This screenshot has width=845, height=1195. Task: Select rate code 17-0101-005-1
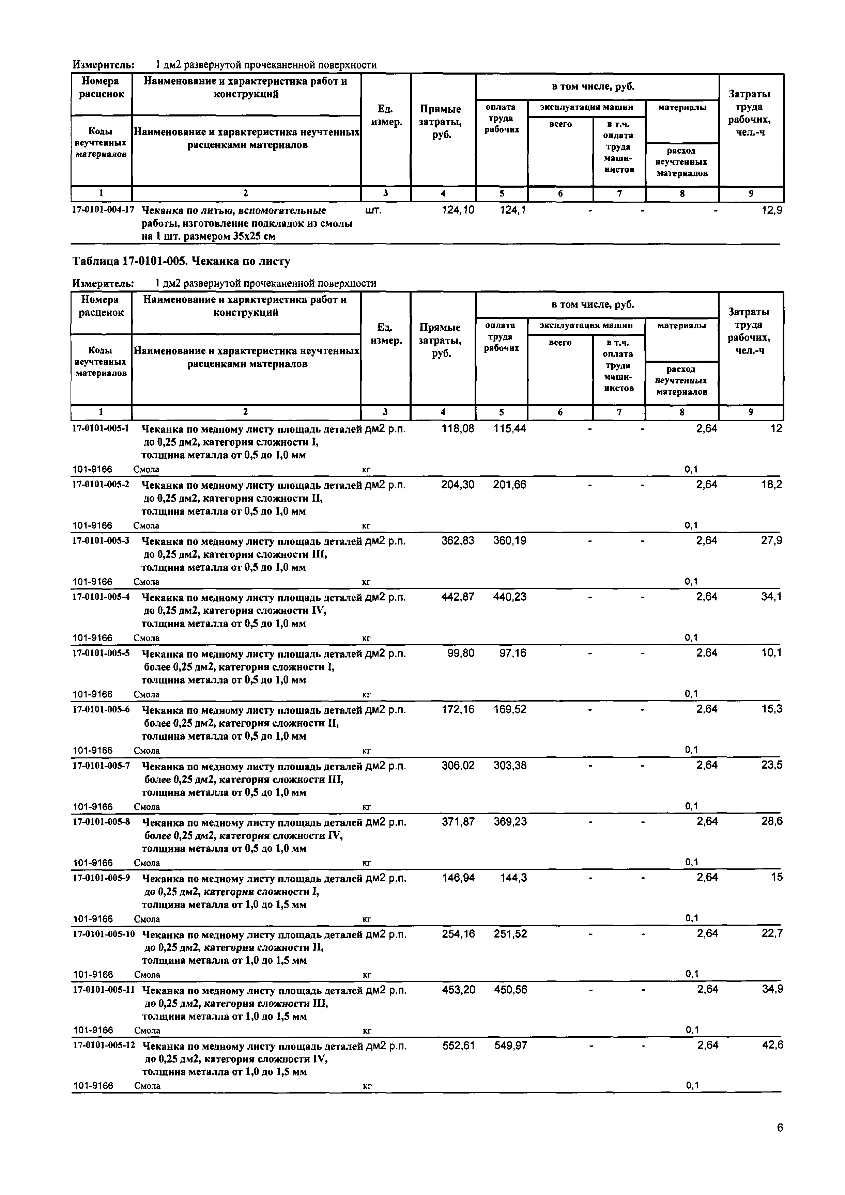point(101,429)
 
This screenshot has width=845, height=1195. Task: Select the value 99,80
point(461,653)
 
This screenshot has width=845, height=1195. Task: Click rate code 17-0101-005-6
point(101,709)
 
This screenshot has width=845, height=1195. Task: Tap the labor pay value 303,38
point(510,766)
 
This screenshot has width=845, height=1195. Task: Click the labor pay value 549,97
point(510,1045)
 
